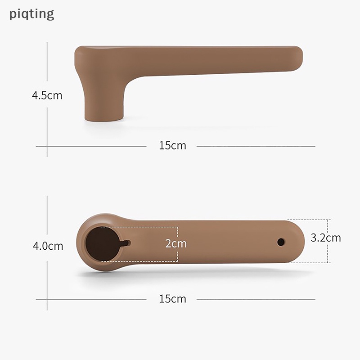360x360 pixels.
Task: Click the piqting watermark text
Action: (31, 13)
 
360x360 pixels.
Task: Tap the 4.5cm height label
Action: (47, 95)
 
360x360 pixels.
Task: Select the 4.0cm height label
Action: (47, 246)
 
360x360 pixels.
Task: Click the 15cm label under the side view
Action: (172, 146)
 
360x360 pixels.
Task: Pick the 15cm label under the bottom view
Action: (172, 299)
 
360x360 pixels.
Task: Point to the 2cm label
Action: (175, 244)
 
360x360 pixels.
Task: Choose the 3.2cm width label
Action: (326, 238)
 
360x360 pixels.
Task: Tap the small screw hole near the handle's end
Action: (281, 242)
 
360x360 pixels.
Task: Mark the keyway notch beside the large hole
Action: (126, 243)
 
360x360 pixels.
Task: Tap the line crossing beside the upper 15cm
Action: (47, 146)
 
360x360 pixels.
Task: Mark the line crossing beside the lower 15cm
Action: (47, 299)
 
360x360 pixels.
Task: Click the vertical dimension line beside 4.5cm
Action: (47, 67)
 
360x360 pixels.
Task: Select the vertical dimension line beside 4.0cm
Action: (47, 216)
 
